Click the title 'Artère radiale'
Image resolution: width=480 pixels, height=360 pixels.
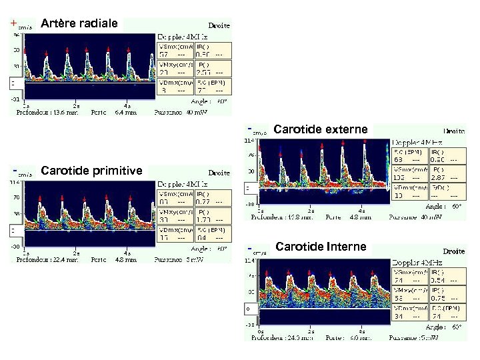(79, 24)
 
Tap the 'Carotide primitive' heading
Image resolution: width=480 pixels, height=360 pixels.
(91, 171)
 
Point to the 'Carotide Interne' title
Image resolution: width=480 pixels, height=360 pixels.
(321, 247)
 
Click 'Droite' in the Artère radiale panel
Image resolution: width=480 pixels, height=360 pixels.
(219, 25)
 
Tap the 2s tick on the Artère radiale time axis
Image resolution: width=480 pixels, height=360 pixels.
(77, 105)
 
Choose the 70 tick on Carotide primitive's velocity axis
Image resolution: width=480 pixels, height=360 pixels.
(14, 198)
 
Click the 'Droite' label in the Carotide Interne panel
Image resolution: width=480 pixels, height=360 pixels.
(454, 251)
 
